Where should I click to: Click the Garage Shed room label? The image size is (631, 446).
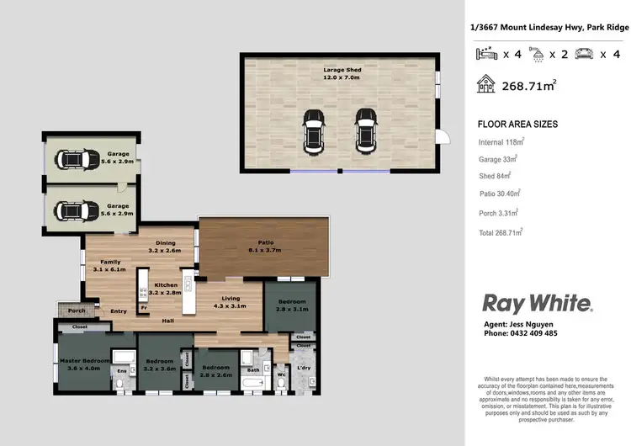coord(342,73)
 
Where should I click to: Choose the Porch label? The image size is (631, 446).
coord(66,311)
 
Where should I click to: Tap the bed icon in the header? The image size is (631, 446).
coord(487,54)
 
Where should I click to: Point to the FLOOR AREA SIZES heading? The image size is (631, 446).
coord(517,124)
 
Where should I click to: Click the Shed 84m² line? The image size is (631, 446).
coord(495,176)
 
